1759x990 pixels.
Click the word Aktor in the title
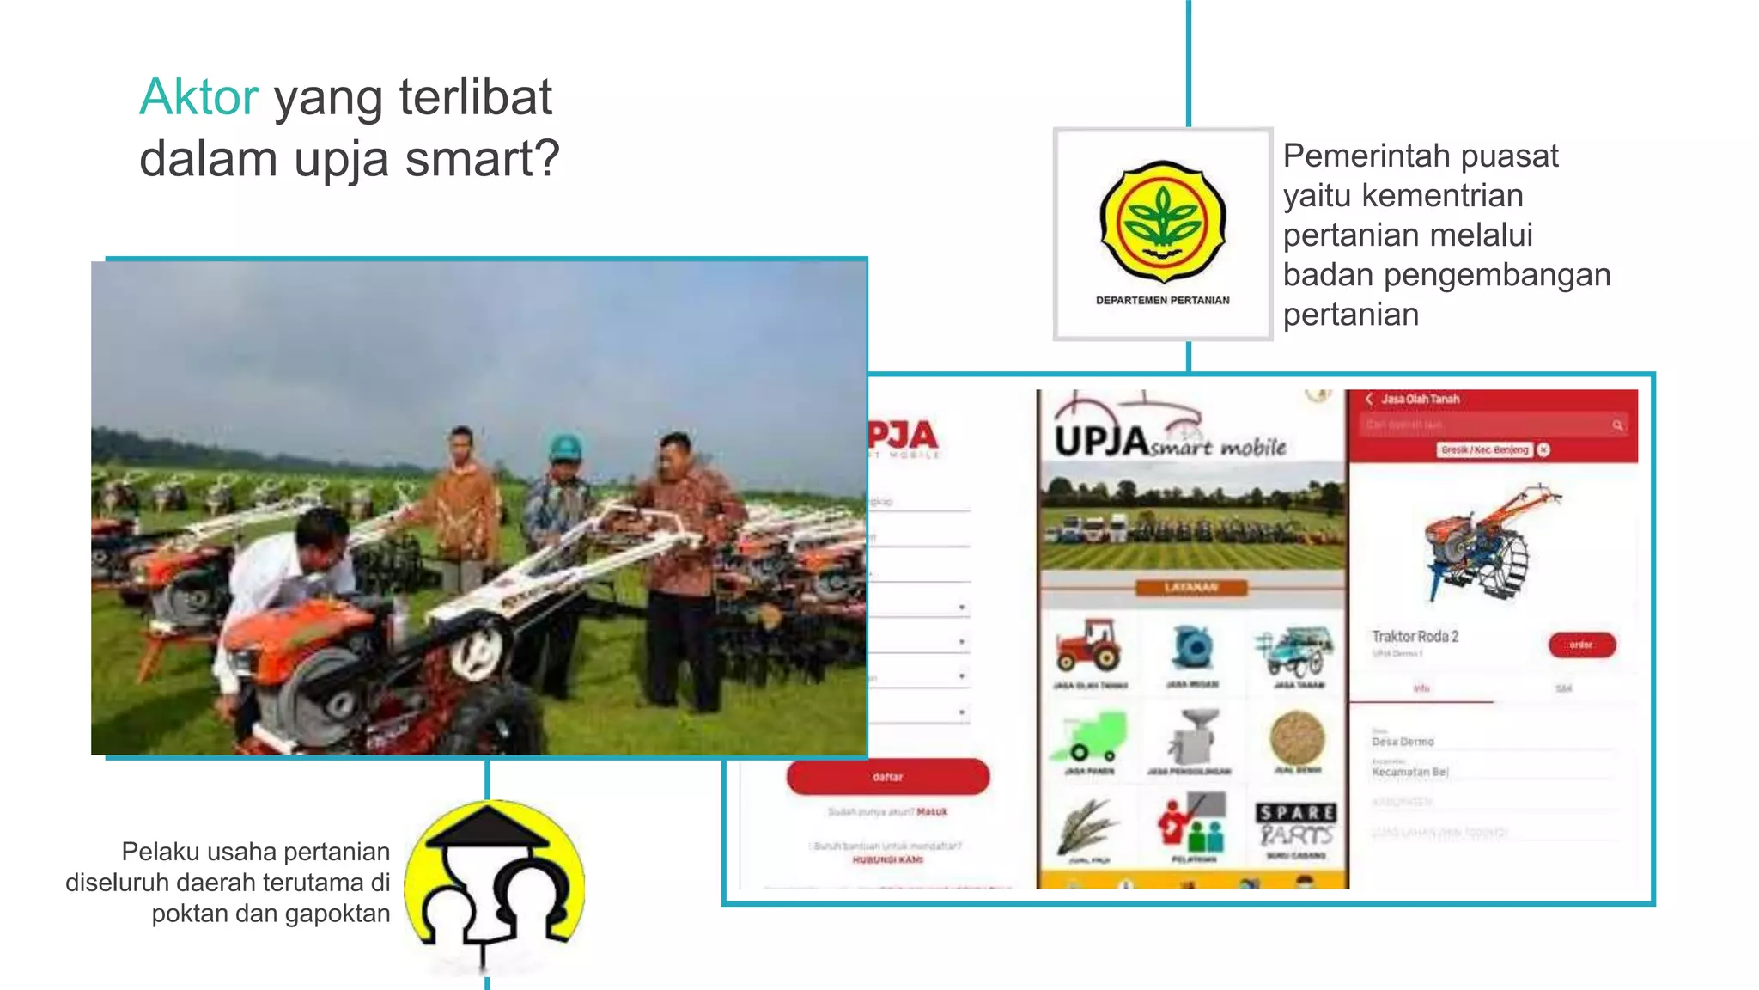tap(198, 97)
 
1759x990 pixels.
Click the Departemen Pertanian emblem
tap(1163, 222)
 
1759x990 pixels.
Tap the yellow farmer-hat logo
tap(494, 885)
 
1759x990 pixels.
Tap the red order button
tap(1581, 645)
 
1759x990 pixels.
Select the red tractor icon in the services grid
tap(1089, 645)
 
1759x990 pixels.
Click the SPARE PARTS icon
tap(1296, 824)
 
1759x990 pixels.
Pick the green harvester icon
tap(1088, 736)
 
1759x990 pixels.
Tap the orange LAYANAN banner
tap(1190, 588)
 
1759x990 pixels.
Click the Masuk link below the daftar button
tap(932, 811)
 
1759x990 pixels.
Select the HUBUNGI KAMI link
tap(887, 859)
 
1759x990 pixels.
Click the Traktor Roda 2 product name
tap(1415, 637)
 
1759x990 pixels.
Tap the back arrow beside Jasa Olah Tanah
tap(1369, 399)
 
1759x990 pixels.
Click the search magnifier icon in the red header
tap(1617, 425)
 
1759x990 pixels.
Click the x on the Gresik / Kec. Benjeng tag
tap(1543, 449)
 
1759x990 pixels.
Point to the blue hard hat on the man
tap(565, 446)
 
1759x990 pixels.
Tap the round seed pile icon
tap(1296, 737)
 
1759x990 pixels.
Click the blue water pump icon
tap(1192, 647)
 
